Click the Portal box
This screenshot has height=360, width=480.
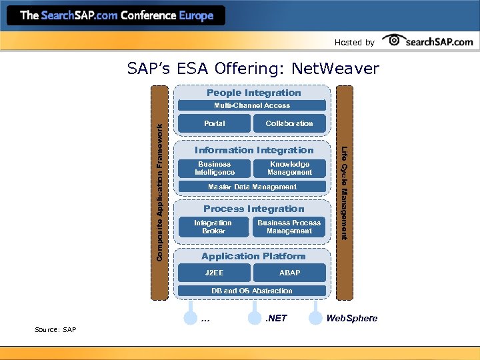215,123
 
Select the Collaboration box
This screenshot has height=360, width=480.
289,123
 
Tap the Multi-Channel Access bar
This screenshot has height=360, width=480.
252,105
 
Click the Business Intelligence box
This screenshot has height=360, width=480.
215,168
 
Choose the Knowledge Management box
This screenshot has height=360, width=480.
289,168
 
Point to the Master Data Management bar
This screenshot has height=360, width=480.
252,187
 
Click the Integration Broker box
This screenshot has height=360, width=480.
213,227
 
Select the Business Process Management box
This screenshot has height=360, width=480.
289,227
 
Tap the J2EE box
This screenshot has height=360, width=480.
214,273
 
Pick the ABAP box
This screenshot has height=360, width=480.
289,273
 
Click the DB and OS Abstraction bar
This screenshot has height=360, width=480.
252,291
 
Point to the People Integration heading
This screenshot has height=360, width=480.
253,93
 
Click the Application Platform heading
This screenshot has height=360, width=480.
253,256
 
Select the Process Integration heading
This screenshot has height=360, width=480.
253,209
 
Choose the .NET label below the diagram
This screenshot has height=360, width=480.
276,318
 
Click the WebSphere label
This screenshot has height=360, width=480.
351,318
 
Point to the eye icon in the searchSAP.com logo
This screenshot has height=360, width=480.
395,41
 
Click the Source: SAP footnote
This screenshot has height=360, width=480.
55,330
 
